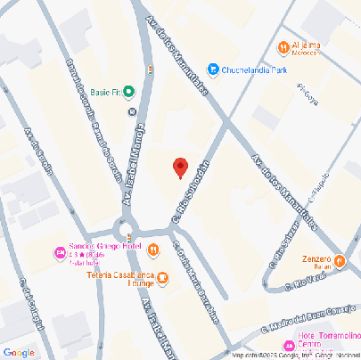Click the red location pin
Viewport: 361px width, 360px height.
180,167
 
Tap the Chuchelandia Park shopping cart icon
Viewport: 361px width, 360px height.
213,69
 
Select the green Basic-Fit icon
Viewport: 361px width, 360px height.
129,91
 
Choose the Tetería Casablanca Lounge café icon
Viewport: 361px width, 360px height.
162,278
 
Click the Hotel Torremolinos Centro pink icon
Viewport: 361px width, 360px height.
288,345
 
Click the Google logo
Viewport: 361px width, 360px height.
19,350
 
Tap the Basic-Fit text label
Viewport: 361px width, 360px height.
103,91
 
